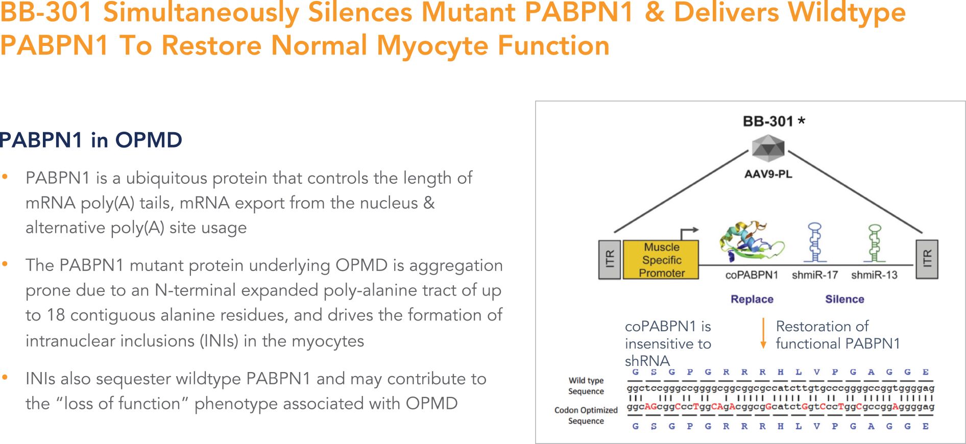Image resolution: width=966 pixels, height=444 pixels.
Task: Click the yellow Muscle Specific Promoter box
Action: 661,260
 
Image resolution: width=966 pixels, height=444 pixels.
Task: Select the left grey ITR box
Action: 609,260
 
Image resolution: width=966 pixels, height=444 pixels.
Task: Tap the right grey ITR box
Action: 927,259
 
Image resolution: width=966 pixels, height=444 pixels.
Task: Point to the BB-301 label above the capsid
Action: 768,121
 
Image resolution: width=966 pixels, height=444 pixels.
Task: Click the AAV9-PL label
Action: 768,174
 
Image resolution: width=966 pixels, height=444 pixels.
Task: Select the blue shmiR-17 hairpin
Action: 815,242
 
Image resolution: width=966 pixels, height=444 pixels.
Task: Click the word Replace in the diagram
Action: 752,299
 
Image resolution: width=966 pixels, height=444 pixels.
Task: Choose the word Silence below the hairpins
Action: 844,299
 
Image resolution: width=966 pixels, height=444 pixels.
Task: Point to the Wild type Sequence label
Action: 586,386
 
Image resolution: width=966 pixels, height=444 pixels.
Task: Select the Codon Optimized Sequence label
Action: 586,415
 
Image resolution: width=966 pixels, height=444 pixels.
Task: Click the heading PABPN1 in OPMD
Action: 91,140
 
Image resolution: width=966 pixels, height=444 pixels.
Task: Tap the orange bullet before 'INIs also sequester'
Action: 5,378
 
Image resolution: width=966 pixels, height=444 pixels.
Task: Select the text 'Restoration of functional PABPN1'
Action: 837,335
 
